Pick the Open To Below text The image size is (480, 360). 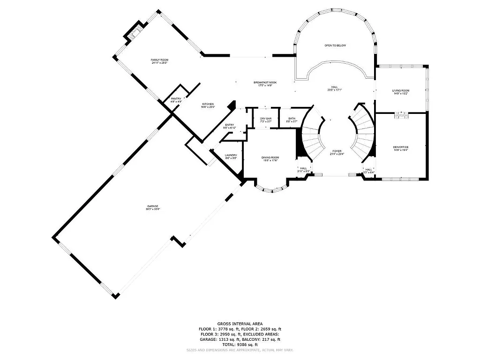[335, 45]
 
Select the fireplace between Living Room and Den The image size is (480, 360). [401, 114]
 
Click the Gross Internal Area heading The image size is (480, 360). [240, 323]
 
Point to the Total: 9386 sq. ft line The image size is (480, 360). [240, 344]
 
